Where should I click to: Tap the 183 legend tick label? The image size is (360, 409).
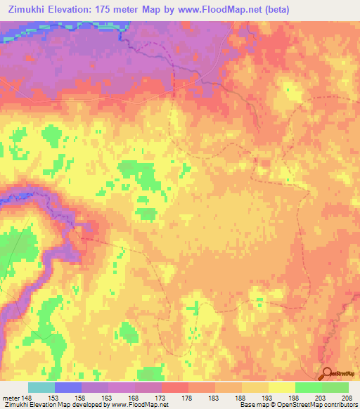pyautogui.click(x=219, y=397)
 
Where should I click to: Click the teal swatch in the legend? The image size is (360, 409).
pyautogui.click(x=41, y=387)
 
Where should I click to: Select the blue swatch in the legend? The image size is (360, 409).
pyautogui.click(x=67, y=387)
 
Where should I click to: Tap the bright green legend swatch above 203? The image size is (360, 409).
pyautogui.click(x=308, y=387)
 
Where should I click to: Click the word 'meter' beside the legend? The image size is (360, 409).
pyautogui.click(x=10, y=397)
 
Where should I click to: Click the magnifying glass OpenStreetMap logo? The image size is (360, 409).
pyautogui.click(x=328, y=374)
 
